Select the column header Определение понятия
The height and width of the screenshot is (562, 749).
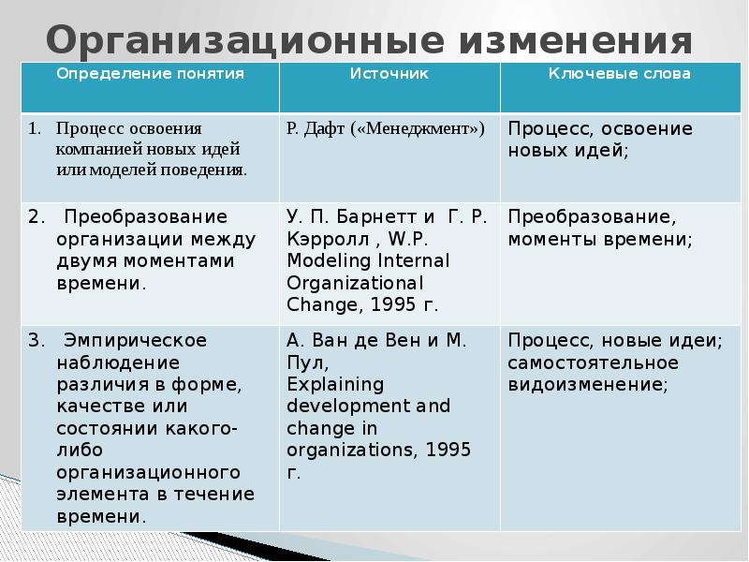pyautogui.click(x=150, y=73)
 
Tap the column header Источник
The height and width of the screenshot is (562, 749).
pyautogui.click(x=389, y=73)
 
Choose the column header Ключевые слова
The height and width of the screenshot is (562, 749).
pyautogui.click(x=620, y=73)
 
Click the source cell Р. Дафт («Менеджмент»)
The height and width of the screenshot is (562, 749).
pyautogui.click(x=386, y=127)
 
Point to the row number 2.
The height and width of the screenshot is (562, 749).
pyautogui.click(x=34, y=217)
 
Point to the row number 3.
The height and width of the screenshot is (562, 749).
pyautogui.click(x=34, y=339)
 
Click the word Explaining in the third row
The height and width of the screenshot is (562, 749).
pyautogui.click(x=323, y=384)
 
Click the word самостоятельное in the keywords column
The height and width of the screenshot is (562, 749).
pyautogui.click(x=594, y=362)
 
